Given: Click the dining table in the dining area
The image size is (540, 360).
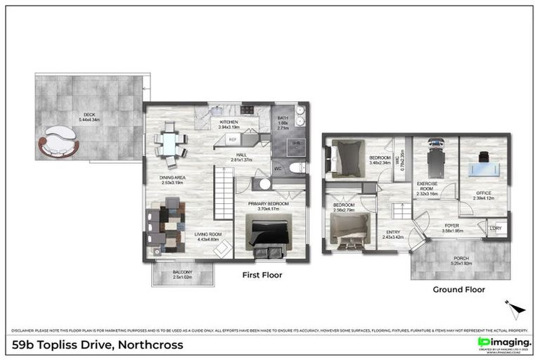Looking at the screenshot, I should (169, 143).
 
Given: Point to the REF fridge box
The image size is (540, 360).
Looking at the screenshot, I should (233, 140).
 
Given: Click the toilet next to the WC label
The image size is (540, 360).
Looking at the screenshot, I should (297, 167).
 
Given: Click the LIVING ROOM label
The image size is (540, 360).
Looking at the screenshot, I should (208, 235).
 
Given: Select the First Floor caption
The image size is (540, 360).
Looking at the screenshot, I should (262, 275).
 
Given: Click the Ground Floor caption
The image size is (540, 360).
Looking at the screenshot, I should (458, 289).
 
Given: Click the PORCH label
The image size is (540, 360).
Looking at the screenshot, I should (461, 259).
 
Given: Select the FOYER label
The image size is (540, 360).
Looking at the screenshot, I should (452, 226).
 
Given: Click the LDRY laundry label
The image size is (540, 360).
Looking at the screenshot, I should (496, 228).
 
